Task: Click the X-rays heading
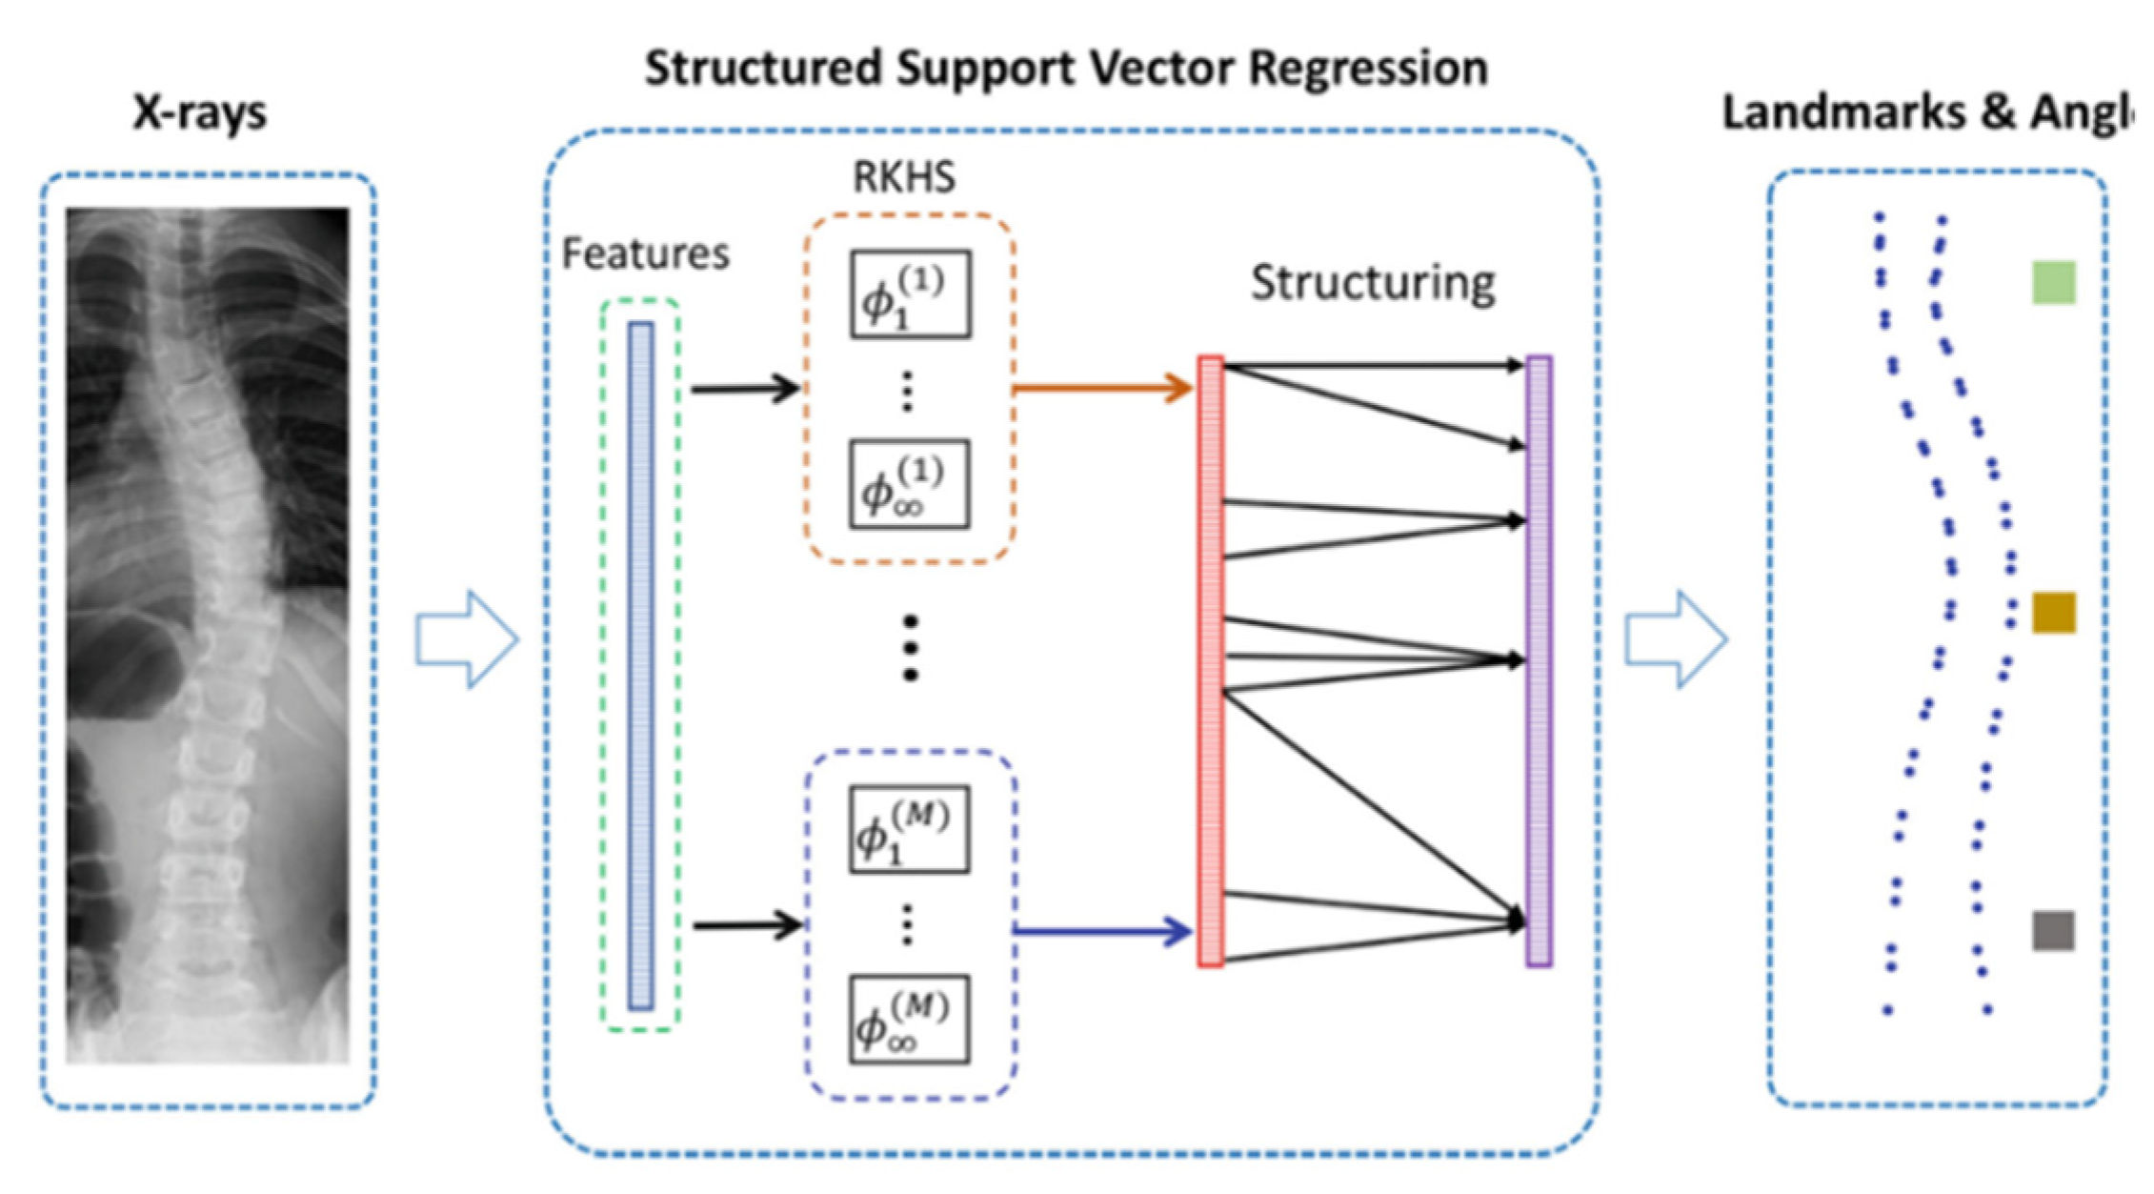(200, 112)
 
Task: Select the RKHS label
(903, 177)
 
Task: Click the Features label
(645, 253)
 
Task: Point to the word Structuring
(1373, 283)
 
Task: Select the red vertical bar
(1211, 661)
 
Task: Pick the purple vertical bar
(1540, 661)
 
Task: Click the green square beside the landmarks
(2053, 283)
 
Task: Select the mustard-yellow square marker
(2053, 613)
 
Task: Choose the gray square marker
(2053, 931)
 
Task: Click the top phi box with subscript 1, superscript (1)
(911, 294)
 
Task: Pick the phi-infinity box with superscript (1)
(910, 484)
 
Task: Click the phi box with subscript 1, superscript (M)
(910, 829)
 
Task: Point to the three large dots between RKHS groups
(910, 648)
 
